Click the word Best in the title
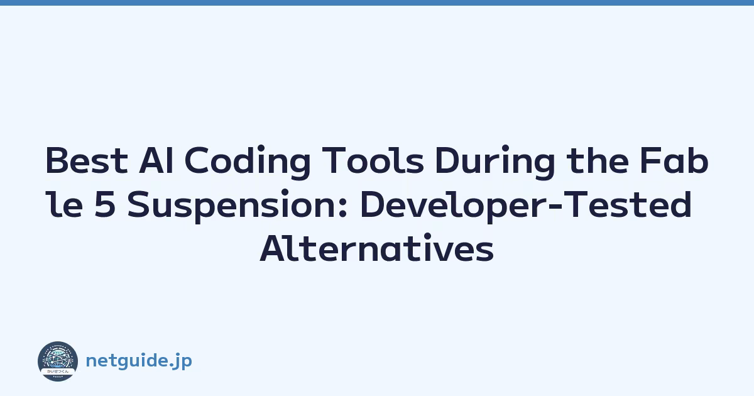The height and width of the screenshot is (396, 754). point(87,161)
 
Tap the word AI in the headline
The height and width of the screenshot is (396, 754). point(156,161)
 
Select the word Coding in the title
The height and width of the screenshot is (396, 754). point(248,162)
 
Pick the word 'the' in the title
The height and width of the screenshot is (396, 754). point(598,160)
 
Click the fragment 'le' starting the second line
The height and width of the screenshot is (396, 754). point(64,204)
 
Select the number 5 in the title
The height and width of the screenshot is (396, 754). point(105,204)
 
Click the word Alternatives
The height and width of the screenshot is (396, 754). point(376,248)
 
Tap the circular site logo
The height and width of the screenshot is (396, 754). point(58,361)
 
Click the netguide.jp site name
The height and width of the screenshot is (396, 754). point(139,361)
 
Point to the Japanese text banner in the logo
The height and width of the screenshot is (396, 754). point(58,371)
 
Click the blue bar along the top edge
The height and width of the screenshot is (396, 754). point(377,3)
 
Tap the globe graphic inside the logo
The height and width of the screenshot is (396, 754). point(58,358)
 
